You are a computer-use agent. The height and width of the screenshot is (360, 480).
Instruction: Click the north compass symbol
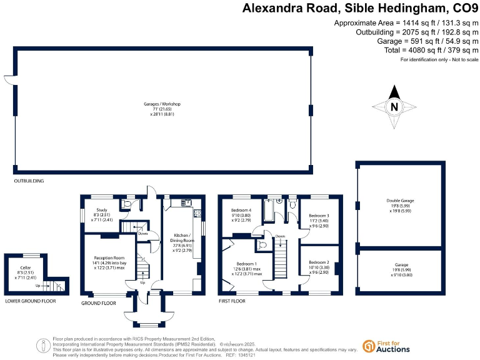coord(394,107)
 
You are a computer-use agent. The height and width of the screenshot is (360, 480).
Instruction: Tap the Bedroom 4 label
coord(241,210)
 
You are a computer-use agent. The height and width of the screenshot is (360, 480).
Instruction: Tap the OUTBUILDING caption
coord(29,181)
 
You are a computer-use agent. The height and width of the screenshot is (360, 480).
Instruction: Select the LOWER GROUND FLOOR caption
coord(31,301)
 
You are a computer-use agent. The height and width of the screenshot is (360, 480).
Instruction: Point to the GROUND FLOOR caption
coord(99,303)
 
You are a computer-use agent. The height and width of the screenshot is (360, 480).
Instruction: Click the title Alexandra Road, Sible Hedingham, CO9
coord(360,9)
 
